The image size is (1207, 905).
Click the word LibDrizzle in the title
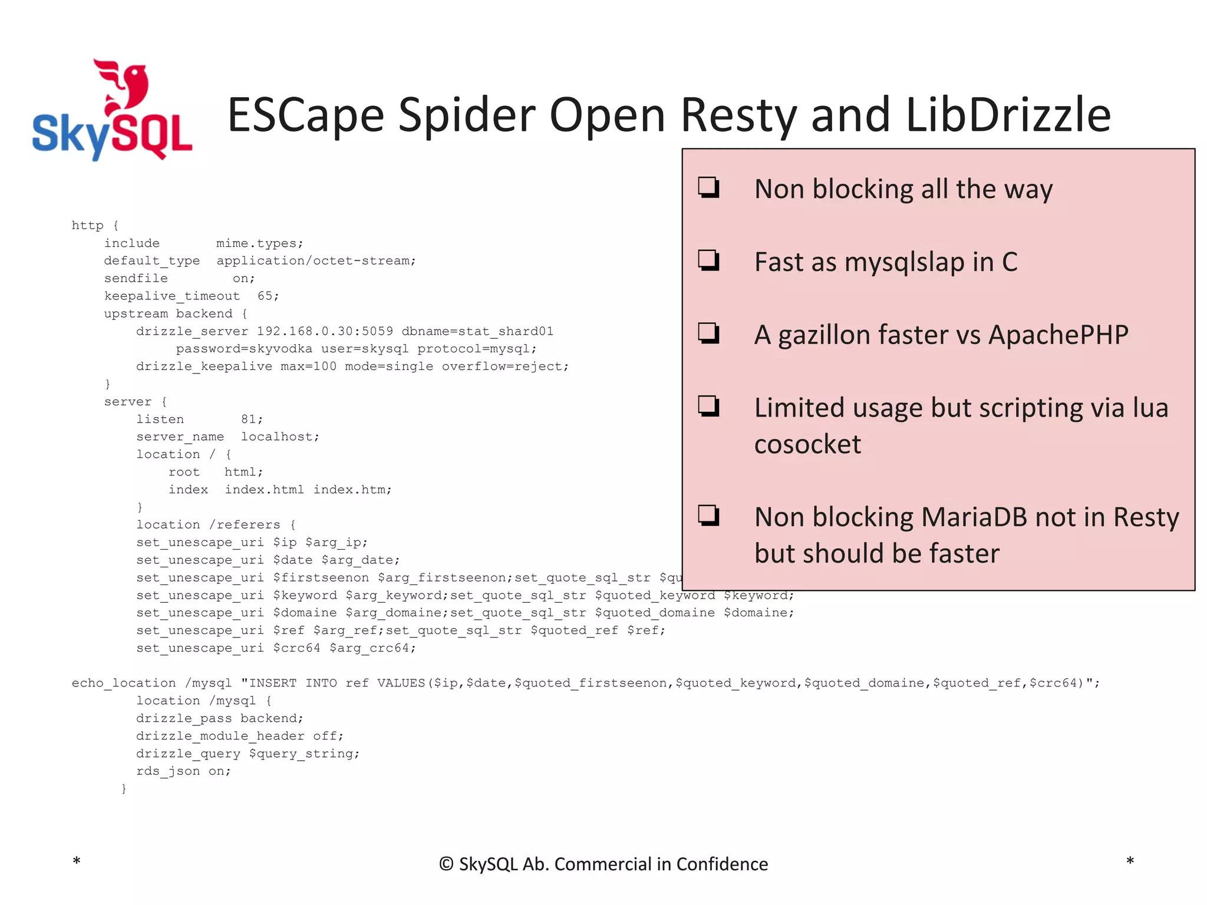(1008, 115)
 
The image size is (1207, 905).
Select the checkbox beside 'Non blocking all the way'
(708, 187)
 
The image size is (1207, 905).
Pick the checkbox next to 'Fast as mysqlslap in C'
(708, 260)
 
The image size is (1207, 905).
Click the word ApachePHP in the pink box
(1058, 335)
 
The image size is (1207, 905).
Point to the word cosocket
(807, 444)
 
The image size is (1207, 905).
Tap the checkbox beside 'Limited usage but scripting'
(708, 406)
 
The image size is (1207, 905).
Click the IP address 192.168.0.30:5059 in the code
(325, 331)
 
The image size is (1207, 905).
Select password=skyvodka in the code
(244, 349)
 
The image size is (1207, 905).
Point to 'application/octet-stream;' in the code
(316, 260)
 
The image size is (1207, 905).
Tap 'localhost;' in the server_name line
(280, 437)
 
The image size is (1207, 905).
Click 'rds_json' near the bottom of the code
(168, 771)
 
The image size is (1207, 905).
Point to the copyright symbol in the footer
(446, 864)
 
